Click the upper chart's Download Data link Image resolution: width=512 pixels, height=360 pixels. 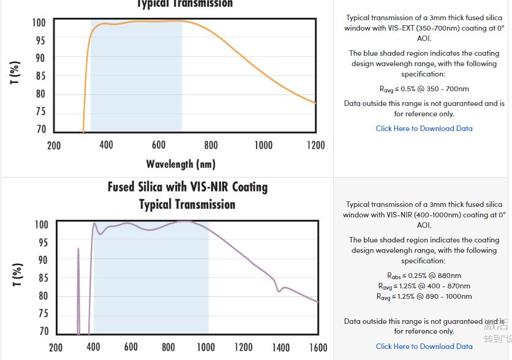(424, 129)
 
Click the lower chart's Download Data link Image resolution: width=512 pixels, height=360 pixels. (424, 347)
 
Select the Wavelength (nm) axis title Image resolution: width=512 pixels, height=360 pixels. (181, 164)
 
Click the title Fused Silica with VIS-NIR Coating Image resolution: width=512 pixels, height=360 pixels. (187, 187)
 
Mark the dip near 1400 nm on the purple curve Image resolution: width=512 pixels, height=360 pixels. (279, 290)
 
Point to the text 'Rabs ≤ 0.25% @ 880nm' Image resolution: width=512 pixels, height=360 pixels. (424, 276)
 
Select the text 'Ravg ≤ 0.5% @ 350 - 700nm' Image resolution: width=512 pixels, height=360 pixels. (424, 89)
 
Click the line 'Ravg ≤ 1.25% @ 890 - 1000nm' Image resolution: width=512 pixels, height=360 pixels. (424, 296)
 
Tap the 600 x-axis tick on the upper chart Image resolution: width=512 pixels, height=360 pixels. (159, 145)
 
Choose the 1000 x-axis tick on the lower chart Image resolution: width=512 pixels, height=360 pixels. (205, 347)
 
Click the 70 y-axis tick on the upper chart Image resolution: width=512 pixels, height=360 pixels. (40, 129)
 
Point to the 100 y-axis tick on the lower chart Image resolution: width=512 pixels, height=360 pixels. (40, 225)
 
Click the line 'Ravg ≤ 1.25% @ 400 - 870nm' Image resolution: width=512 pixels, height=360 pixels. (424, 286)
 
